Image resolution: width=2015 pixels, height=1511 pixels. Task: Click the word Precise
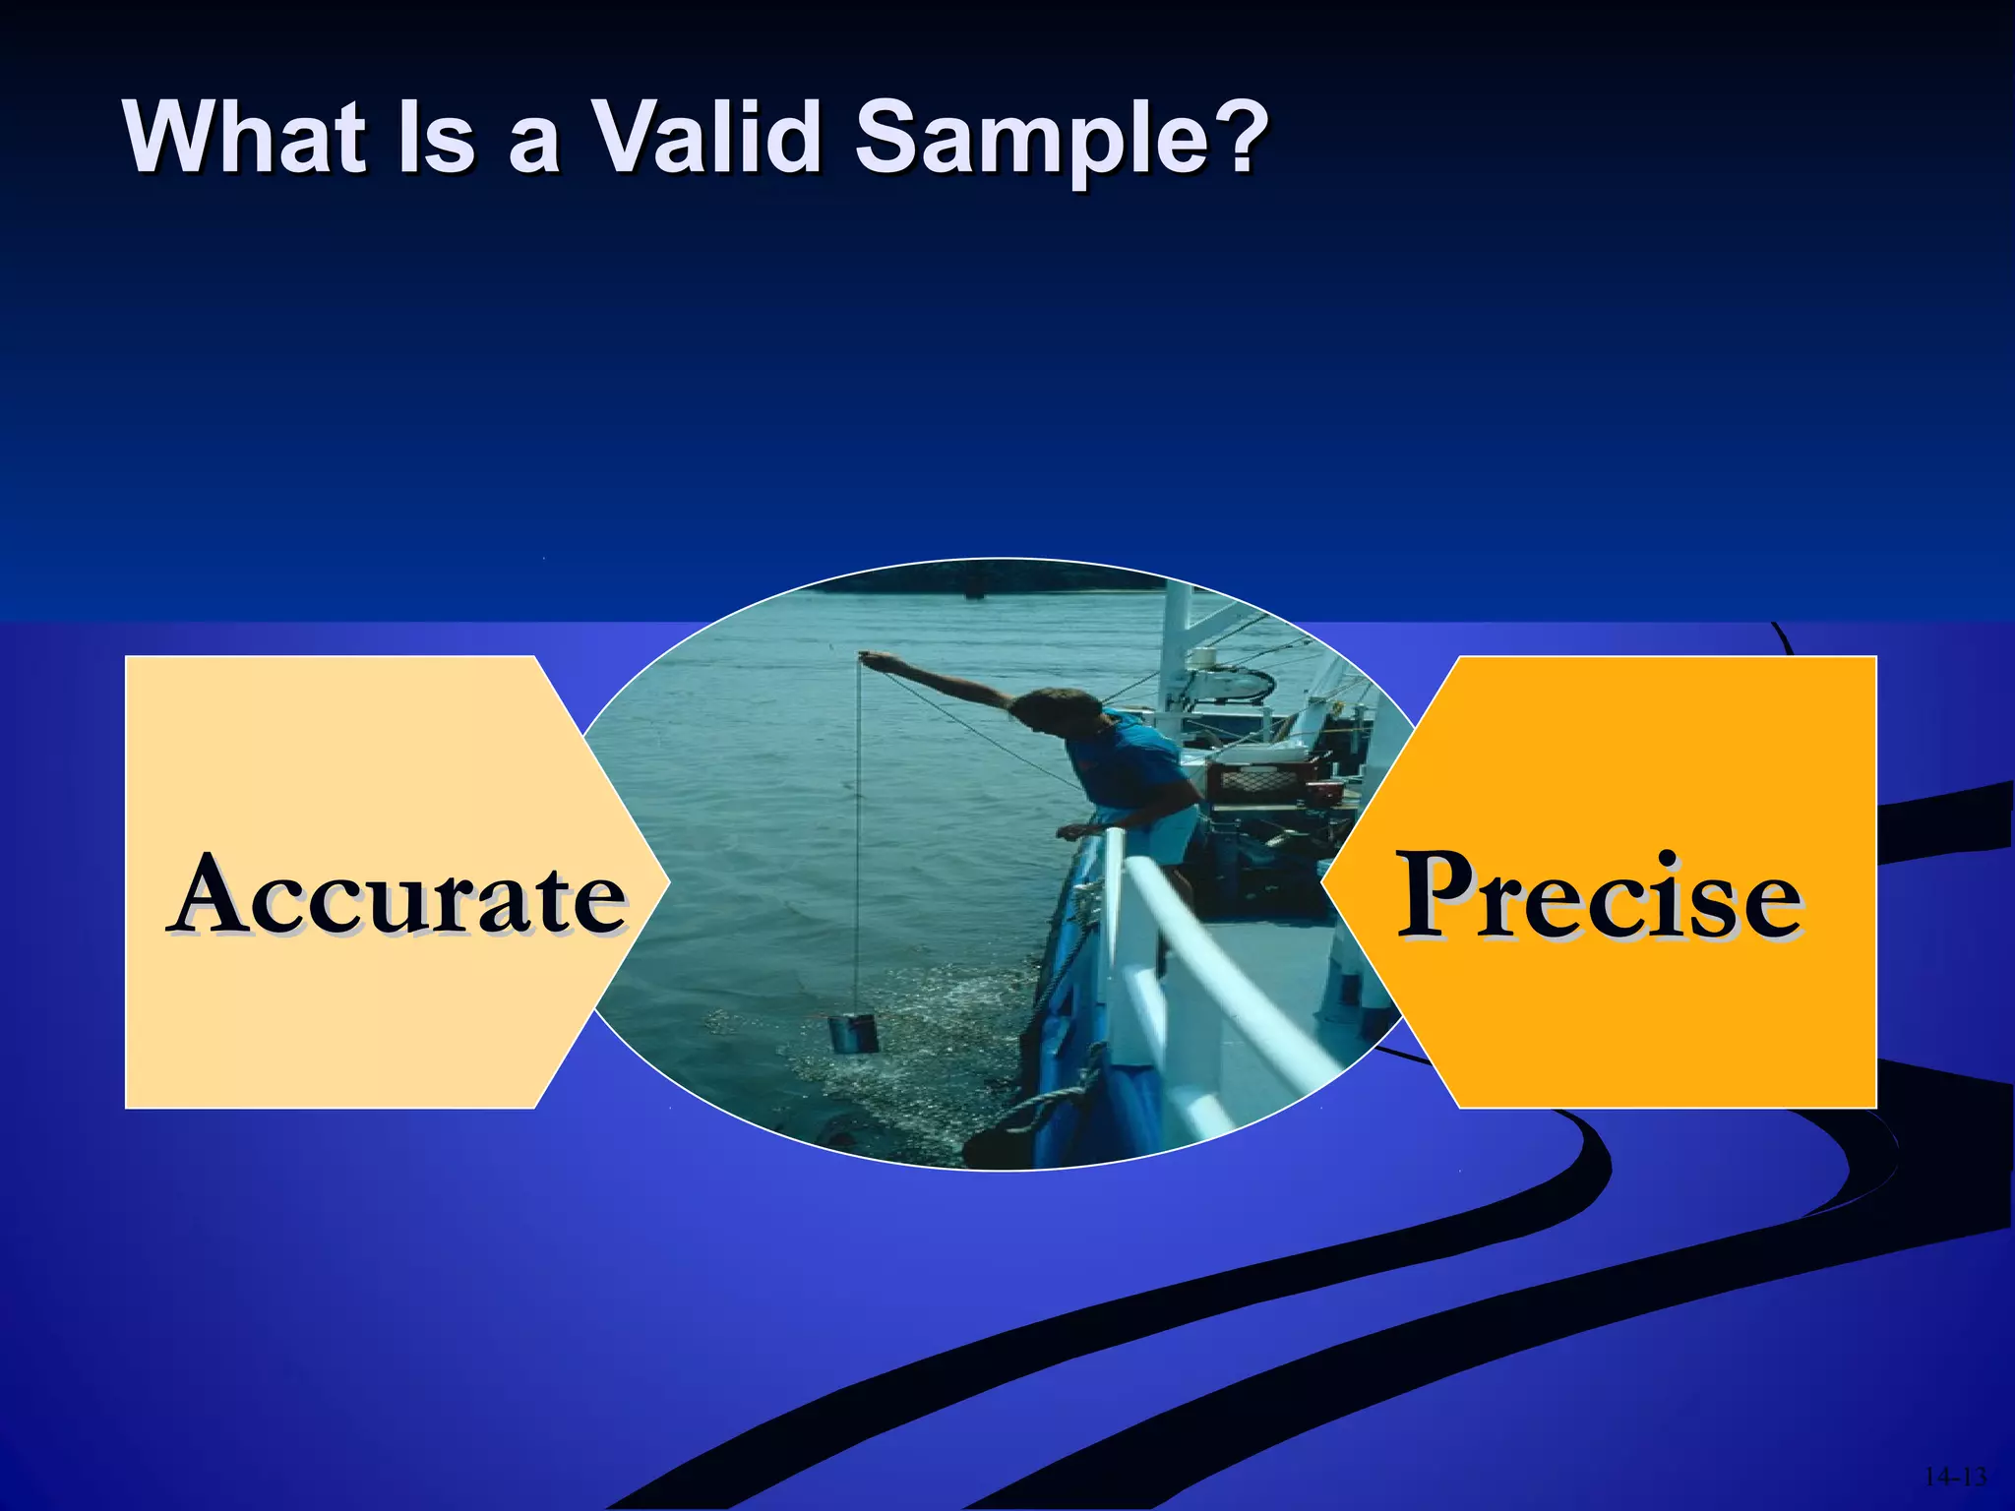click(1600, 895)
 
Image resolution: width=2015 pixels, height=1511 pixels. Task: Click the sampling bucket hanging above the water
click(852, 1034)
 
